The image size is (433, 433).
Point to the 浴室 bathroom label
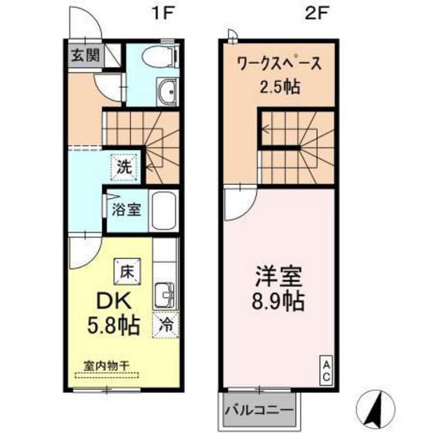click(124, 209)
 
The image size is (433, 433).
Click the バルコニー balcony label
click(259, 408)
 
